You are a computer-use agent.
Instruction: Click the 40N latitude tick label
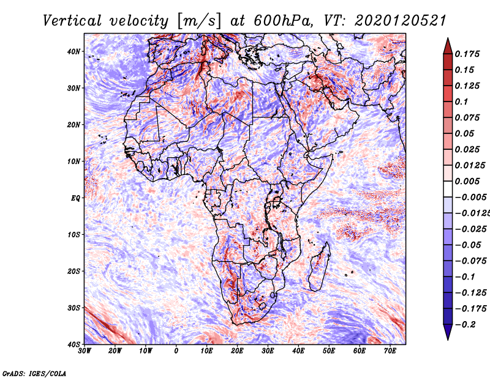[73, 51]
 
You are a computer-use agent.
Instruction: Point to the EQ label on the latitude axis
[75, 198]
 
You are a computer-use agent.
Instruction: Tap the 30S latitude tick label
[73, 308]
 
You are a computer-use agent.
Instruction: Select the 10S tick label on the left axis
[73, 234]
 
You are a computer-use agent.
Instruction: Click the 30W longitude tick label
[85, 351]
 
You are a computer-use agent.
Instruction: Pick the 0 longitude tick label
[176, 351]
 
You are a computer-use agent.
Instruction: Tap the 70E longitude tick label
[390, 351]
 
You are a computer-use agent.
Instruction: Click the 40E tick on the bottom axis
[298, 351]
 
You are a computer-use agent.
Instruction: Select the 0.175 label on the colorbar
[467, 54]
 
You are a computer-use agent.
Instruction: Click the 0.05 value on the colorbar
[464, 133]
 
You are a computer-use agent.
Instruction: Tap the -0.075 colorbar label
[470, 261]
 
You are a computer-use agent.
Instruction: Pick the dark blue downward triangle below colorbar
[448, 332]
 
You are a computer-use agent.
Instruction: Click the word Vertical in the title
[72, 21]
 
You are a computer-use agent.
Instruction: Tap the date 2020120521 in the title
[400, 21]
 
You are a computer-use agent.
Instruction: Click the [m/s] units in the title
[200, 21]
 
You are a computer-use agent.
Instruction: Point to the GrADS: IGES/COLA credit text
[34, 373]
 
